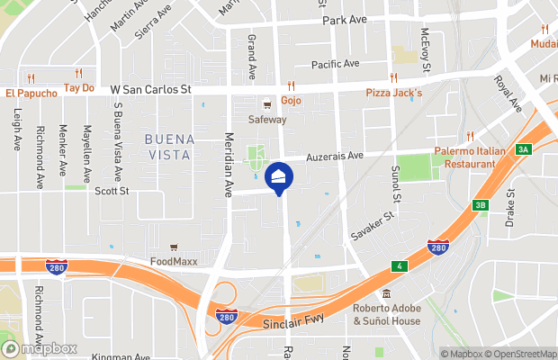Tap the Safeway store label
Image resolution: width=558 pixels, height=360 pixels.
(267, 119)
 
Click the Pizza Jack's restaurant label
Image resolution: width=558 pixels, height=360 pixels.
(393, 93)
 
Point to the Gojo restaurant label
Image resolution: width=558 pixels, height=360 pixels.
(291, 100)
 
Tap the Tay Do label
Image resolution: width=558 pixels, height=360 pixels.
(79, 88)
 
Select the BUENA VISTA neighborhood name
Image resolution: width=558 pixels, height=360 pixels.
(166, 147)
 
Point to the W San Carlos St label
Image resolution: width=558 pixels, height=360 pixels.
(151, 90)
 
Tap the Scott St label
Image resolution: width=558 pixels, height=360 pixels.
(112, 191)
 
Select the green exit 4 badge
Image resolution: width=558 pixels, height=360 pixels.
(397, 266)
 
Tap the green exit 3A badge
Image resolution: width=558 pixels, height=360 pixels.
(523, 149)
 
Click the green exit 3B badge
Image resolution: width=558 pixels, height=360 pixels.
(479, 206)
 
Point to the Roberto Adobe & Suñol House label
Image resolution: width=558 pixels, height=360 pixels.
(387, 314)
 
